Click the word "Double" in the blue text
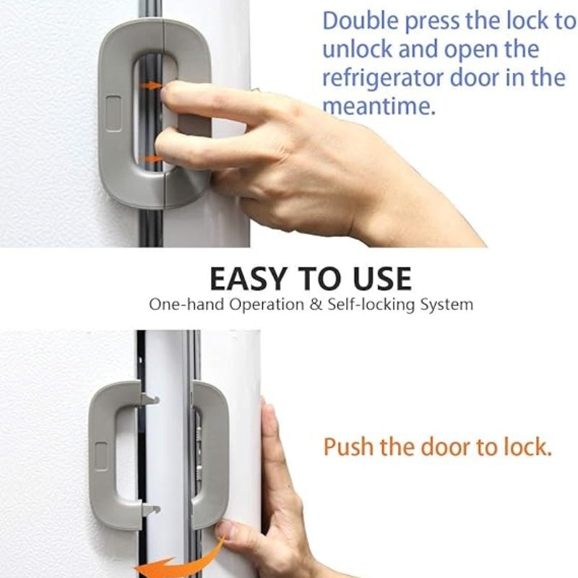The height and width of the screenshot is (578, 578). click(x=359, y=22)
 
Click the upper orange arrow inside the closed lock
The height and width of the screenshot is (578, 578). click(x=151, y=85)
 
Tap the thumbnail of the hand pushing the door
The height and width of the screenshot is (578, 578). click(x=225, y=531)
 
